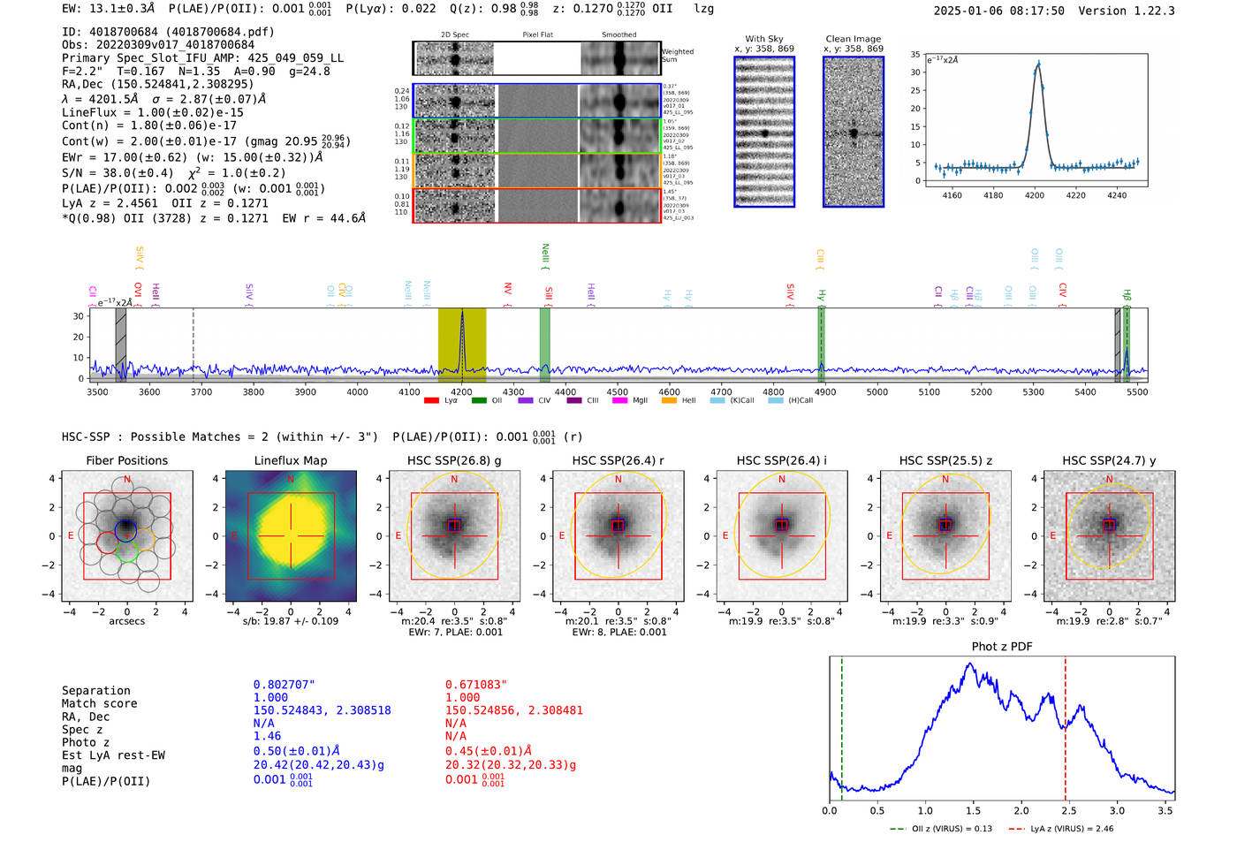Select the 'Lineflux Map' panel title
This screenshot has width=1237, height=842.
pos(290,460)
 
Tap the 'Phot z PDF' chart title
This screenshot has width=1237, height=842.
pos(1002,646)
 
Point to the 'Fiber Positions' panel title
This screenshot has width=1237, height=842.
pos(126,460)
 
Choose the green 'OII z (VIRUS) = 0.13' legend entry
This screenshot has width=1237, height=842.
pos(942,829)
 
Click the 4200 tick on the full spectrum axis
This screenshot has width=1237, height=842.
pos(461,391)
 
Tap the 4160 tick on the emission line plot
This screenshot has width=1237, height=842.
pos(952,195)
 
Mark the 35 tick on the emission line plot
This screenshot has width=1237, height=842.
pos(915,55)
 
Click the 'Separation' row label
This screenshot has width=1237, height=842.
pos(95,691)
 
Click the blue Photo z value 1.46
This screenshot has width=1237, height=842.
pos(267,736)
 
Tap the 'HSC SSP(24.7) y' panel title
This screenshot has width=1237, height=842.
pos(1109,460)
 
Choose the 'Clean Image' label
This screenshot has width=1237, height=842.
pos(853,39)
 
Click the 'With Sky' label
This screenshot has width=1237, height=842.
pos(763,39)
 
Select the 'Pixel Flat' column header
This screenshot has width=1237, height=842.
pos(537,35)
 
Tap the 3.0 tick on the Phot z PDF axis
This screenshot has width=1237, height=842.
pos(1117,810)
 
